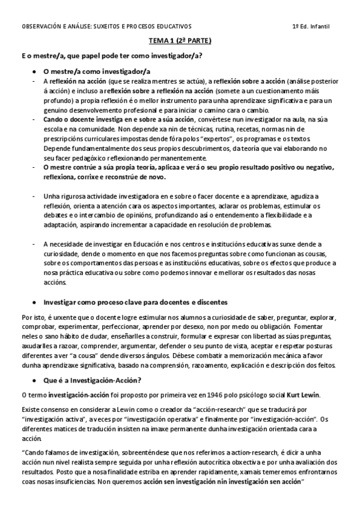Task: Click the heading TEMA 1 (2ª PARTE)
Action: (180, 41)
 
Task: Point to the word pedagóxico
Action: (85, 158)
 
